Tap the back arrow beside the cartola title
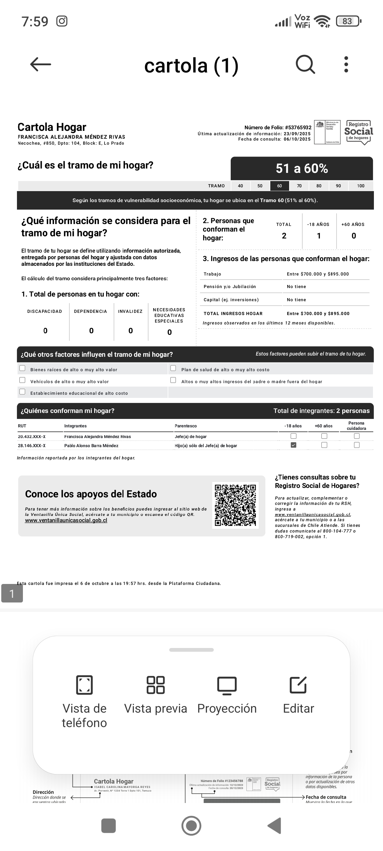(x=40, y=64)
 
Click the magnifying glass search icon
(x=305, y=64)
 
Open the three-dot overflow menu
(x=346, y=64)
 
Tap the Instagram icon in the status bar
(x=62, y=21)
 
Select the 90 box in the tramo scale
(x=338, y=186)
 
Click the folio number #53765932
(x=298, y=127)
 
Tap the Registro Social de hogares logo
(x=359, y=132)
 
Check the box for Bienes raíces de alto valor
(x=23, y=368)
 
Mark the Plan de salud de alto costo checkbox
(x=173, y=368)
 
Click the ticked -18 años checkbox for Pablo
(x=294, y=445)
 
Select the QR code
(x=235, y=505)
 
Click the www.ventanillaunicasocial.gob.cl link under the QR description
(x=66, y=520)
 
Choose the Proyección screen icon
(x=227, y=684)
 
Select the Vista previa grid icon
(x=155, y=684)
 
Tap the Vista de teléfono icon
(x=84, y=684)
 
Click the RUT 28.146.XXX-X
(x=32, y=446)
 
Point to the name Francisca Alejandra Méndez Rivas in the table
(x=98, y=437)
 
